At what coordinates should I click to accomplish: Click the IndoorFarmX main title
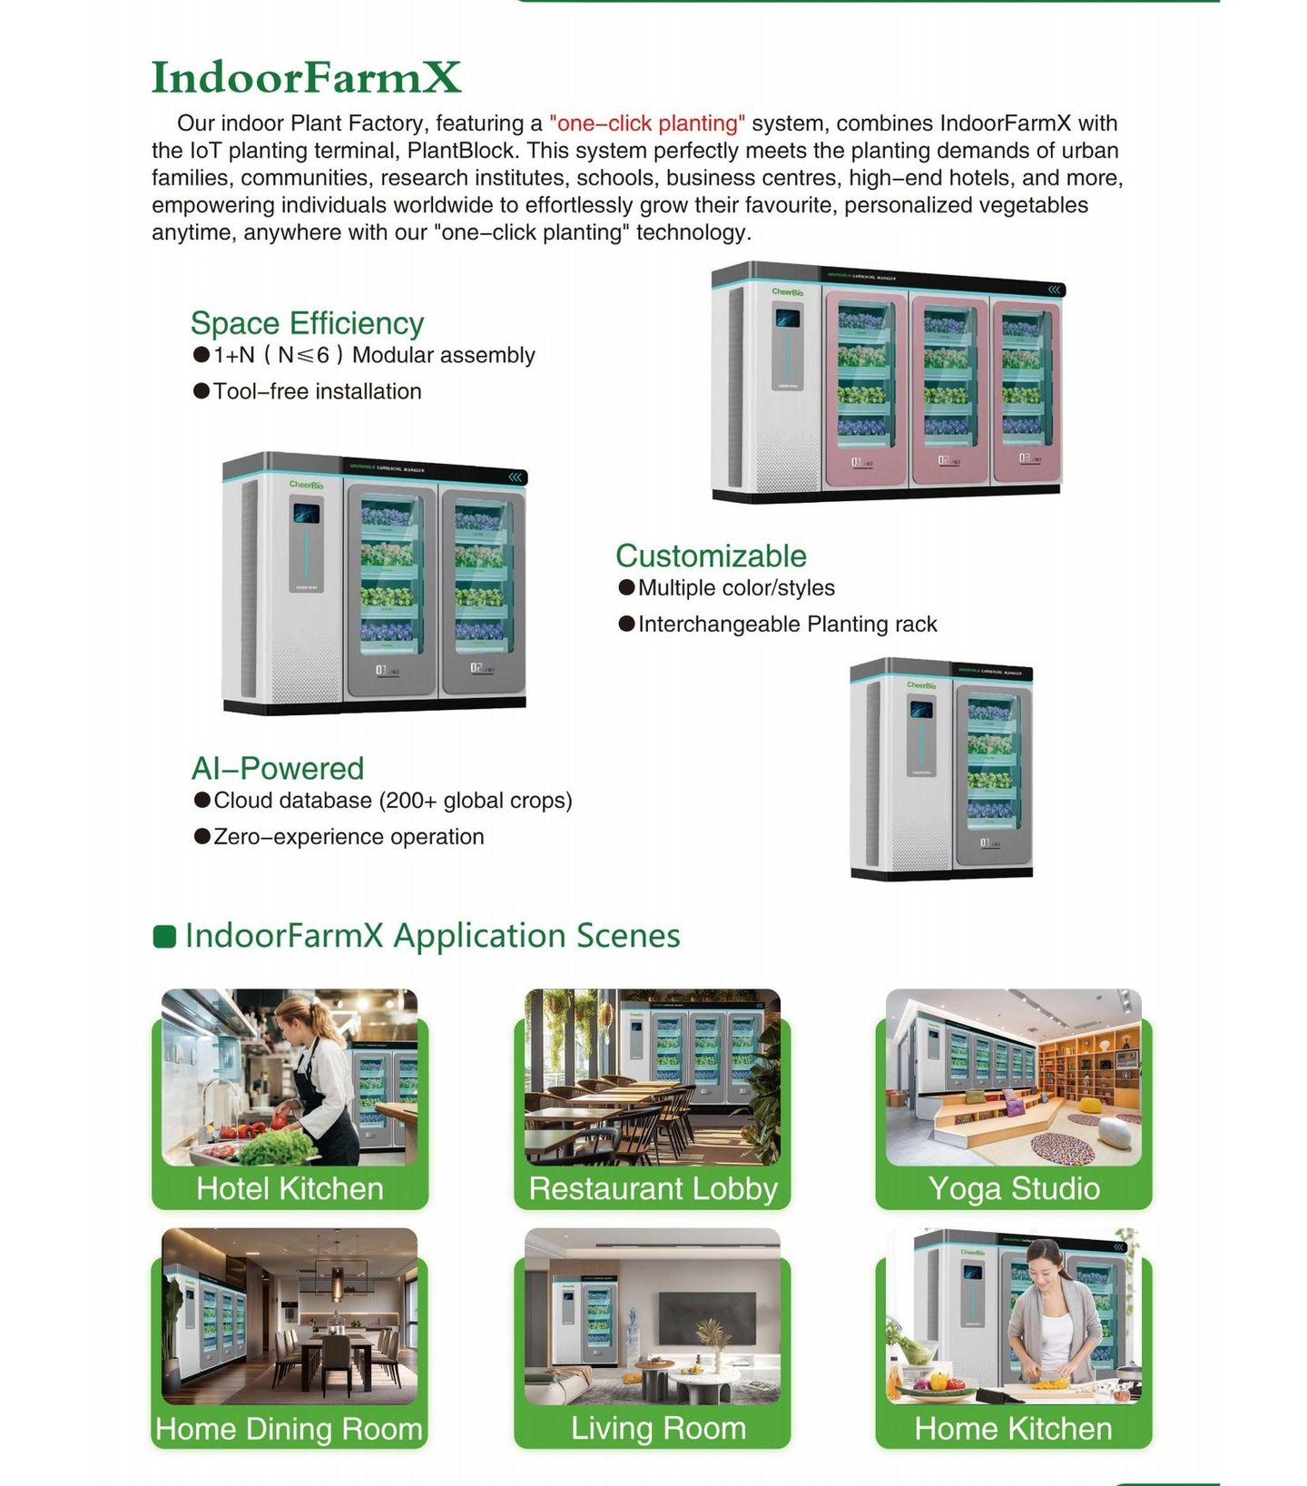pos(306,77)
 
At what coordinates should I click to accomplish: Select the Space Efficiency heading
pos(307,323)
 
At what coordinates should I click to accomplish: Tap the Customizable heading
pos(711,556)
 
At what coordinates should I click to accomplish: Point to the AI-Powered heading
pos(277,768)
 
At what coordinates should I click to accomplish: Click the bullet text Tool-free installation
pos(317,391)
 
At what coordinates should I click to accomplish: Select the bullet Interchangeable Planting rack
pos(787,624)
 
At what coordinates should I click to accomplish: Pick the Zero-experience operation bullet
pos(349,836)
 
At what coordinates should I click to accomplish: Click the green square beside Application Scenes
pos(164,936)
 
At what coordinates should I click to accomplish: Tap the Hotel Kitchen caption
pos(290,1188)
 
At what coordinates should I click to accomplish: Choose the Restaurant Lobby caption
pos(653,1188)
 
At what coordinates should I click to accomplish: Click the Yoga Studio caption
pos(1013,1188)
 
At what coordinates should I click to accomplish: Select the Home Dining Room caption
pos(289,1429)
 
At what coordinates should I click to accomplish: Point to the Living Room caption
pos(658,1428)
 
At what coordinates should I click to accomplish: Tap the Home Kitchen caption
pos(1013,1429)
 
